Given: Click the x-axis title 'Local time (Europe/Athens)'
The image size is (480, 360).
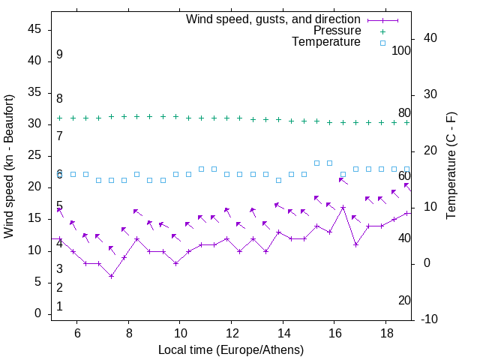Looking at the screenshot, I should pos(231,350).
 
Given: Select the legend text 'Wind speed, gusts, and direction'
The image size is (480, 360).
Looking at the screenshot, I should pos(273,19).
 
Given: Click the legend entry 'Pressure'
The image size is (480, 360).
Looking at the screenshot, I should pos(337,31).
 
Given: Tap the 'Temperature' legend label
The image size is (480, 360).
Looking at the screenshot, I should pos(326,43).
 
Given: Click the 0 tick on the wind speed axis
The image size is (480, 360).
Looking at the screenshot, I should pos(37,314).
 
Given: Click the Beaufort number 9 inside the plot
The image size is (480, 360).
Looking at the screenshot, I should pos(59,55).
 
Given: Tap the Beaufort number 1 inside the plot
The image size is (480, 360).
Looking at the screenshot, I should pos(59,307).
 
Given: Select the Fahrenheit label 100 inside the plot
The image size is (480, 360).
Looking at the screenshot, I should pos(401,51).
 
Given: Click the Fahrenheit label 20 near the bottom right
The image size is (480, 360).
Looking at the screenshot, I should pos(404,301).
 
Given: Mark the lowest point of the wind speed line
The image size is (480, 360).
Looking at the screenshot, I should pos(111,276).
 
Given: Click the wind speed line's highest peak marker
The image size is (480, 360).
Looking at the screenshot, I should pos(343,207).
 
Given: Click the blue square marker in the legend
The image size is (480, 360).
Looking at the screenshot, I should pos(382,43).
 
